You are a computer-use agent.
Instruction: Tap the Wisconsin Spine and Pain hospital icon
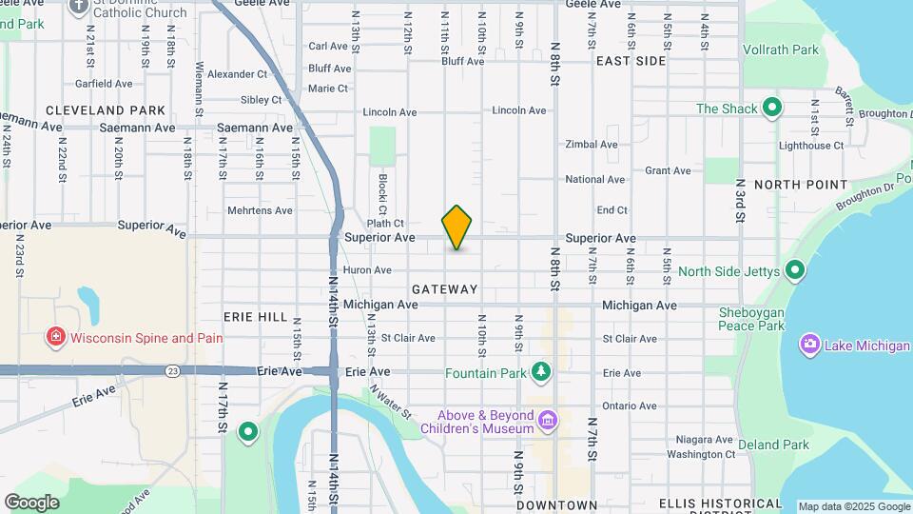[56, 338]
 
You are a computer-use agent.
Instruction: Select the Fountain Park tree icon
[541, 371]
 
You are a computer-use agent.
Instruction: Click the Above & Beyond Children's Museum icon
[547, 420]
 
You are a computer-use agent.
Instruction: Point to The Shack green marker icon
[773, 108]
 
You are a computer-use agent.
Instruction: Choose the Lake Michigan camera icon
[810, 345]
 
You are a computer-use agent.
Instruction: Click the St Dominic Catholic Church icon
[78, 6]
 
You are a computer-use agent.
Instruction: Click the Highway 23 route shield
[171, 370]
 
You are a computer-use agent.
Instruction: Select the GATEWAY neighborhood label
[445, 288]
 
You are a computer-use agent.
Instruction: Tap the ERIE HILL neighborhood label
[255, 316]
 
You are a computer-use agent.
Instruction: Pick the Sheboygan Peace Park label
[751, 319]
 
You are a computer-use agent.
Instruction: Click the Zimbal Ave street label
[592, 145]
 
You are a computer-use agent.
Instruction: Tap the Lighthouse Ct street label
[810, 145]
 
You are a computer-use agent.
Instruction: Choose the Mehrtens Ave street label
[260, 210]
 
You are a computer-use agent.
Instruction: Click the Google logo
[31, 503]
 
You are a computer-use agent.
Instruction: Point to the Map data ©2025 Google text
[854, 506]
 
